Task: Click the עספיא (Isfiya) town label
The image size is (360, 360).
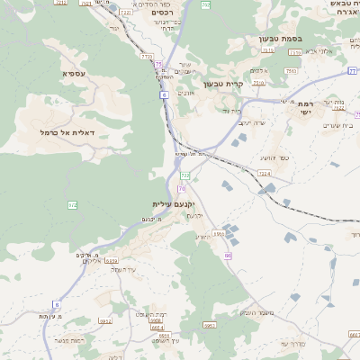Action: [74, 73]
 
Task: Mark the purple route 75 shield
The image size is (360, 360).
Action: [160, 65]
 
